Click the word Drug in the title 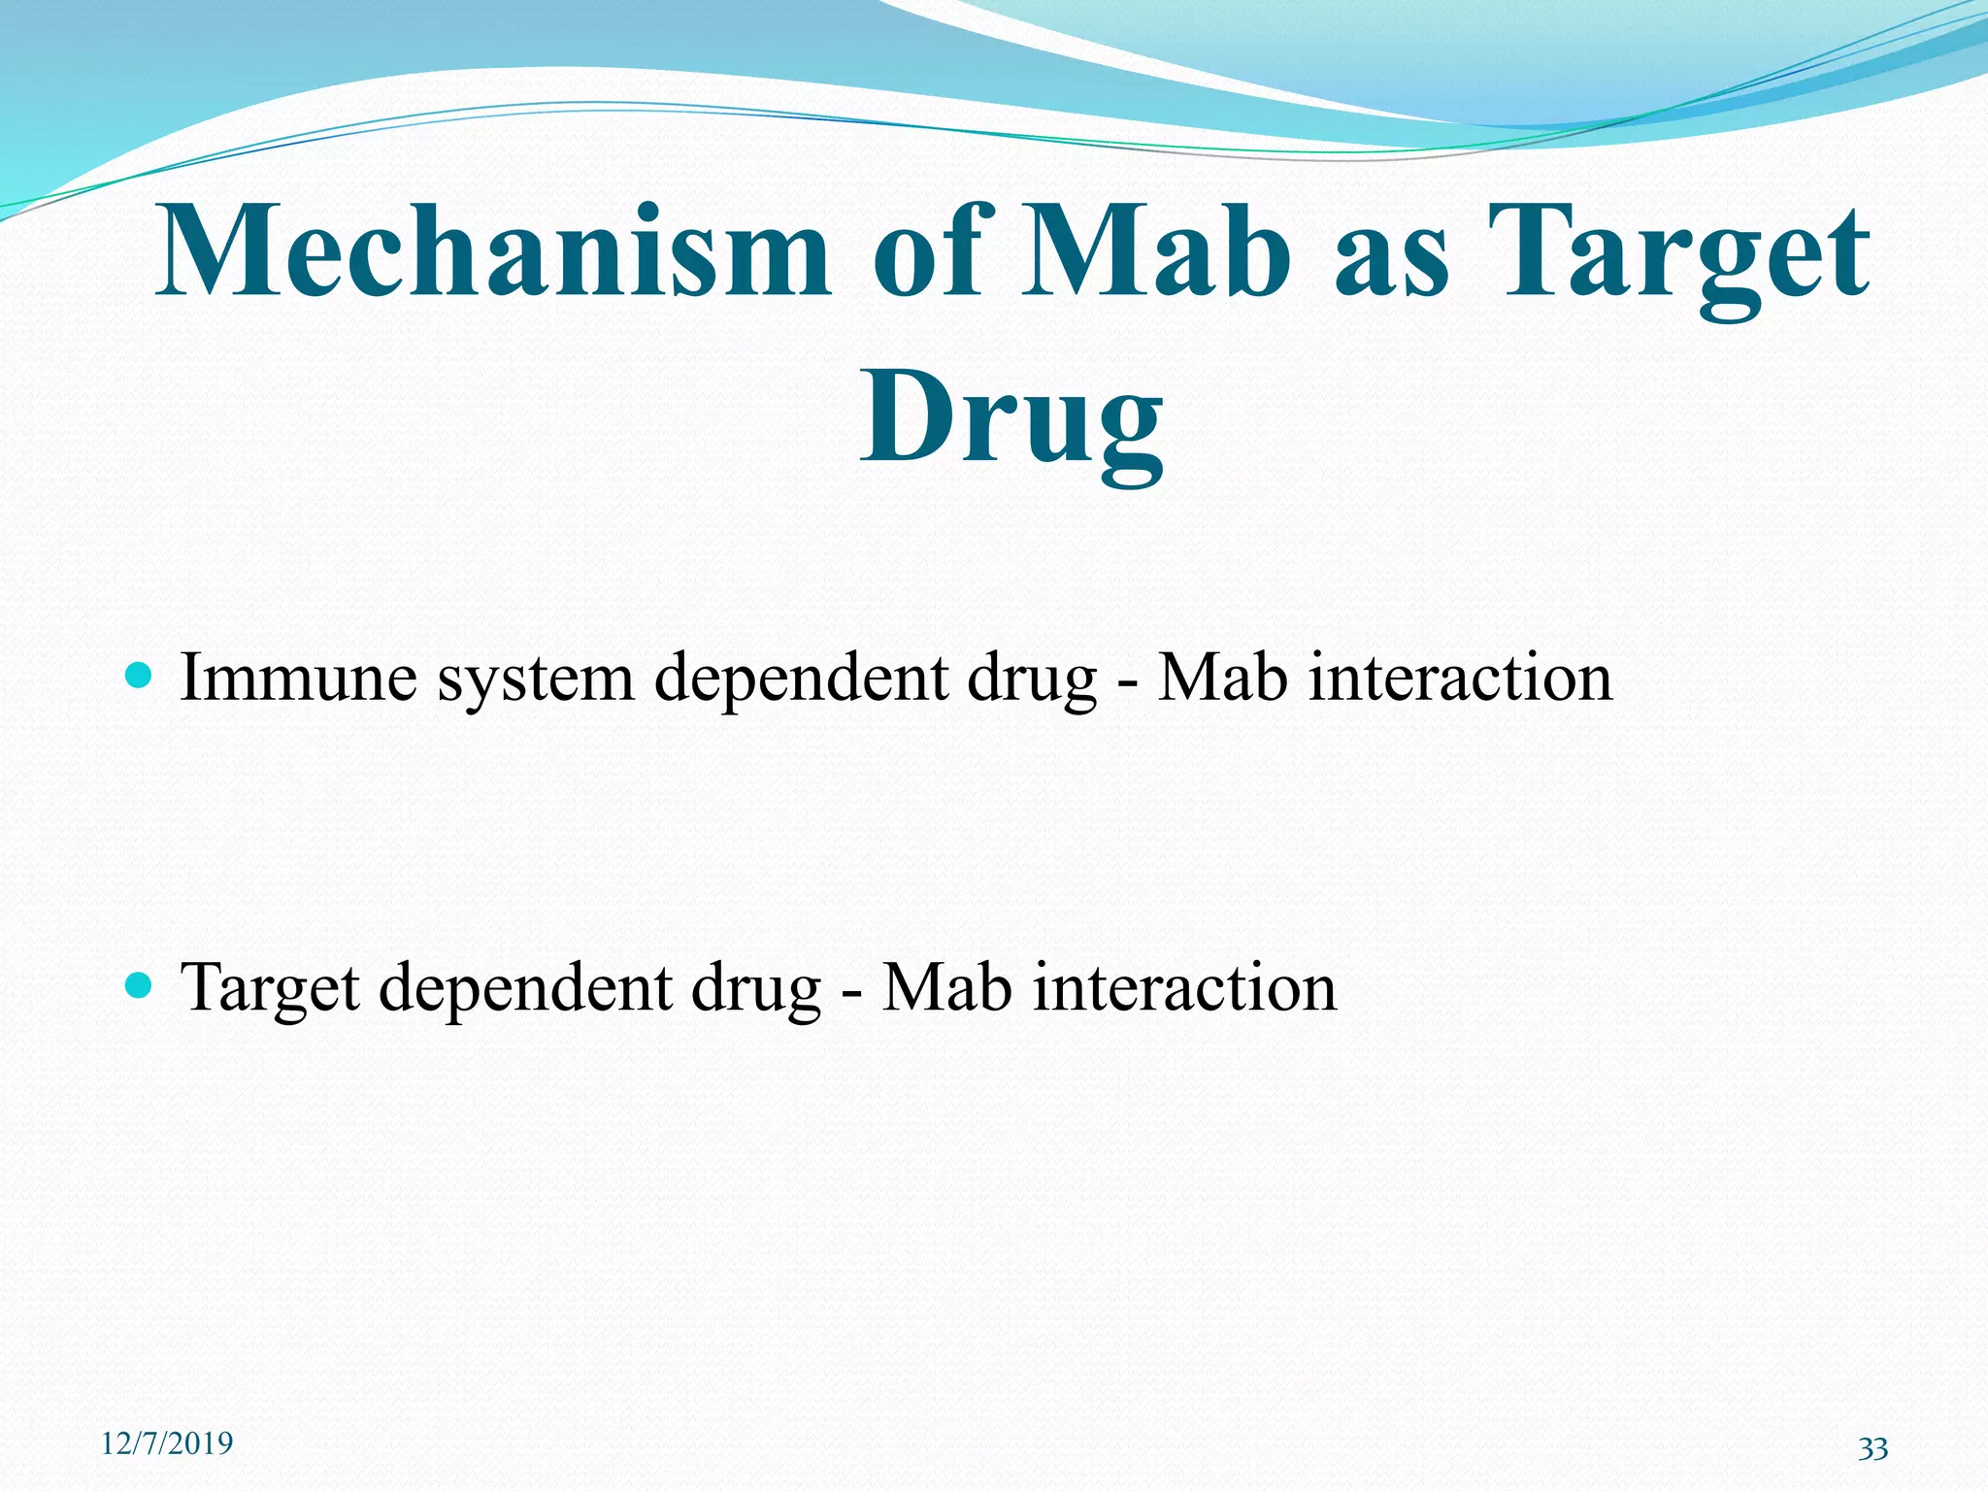[x=1011, y=419]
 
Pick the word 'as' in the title [x=1391, y=260]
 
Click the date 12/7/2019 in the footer [x=167, y=1443]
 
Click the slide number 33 [x=1872, y=1449]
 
